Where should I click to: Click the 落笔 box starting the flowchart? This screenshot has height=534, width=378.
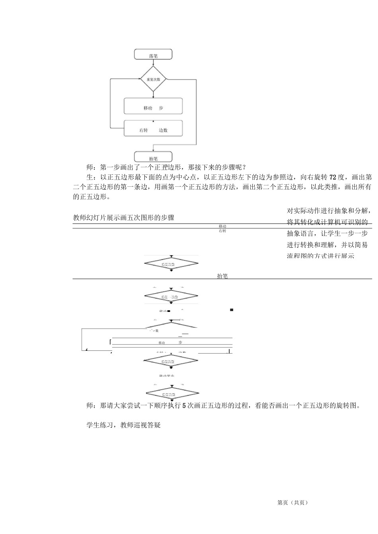point(153,54)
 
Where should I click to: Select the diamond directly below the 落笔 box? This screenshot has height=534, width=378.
point(153,79)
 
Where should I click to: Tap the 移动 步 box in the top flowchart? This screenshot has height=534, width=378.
point(153,106)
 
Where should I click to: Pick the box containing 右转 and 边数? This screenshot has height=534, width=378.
point(153,128)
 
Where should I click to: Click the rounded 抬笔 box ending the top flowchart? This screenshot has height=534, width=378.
point(153,157)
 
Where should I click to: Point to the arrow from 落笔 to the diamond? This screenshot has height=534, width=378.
point(153,63)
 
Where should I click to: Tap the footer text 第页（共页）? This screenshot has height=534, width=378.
point(292,503)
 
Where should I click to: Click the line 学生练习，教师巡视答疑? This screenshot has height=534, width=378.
point(123,425)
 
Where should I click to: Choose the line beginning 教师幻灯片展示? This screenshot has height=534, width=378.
point(124,218)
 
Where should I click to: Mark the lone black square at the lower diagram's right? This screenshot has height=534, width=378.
point(231,310)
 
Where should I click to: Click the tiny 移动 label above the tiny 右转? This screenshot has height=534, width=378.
point(222,226)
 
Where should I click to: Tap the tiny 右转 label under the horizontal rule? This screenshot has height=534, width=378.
point(222,231)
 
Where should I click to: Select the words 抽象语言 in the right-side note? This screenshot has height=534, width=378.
point(300,233)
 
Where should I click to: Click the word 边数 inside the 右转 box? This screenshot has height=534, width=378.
point(163,130)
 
